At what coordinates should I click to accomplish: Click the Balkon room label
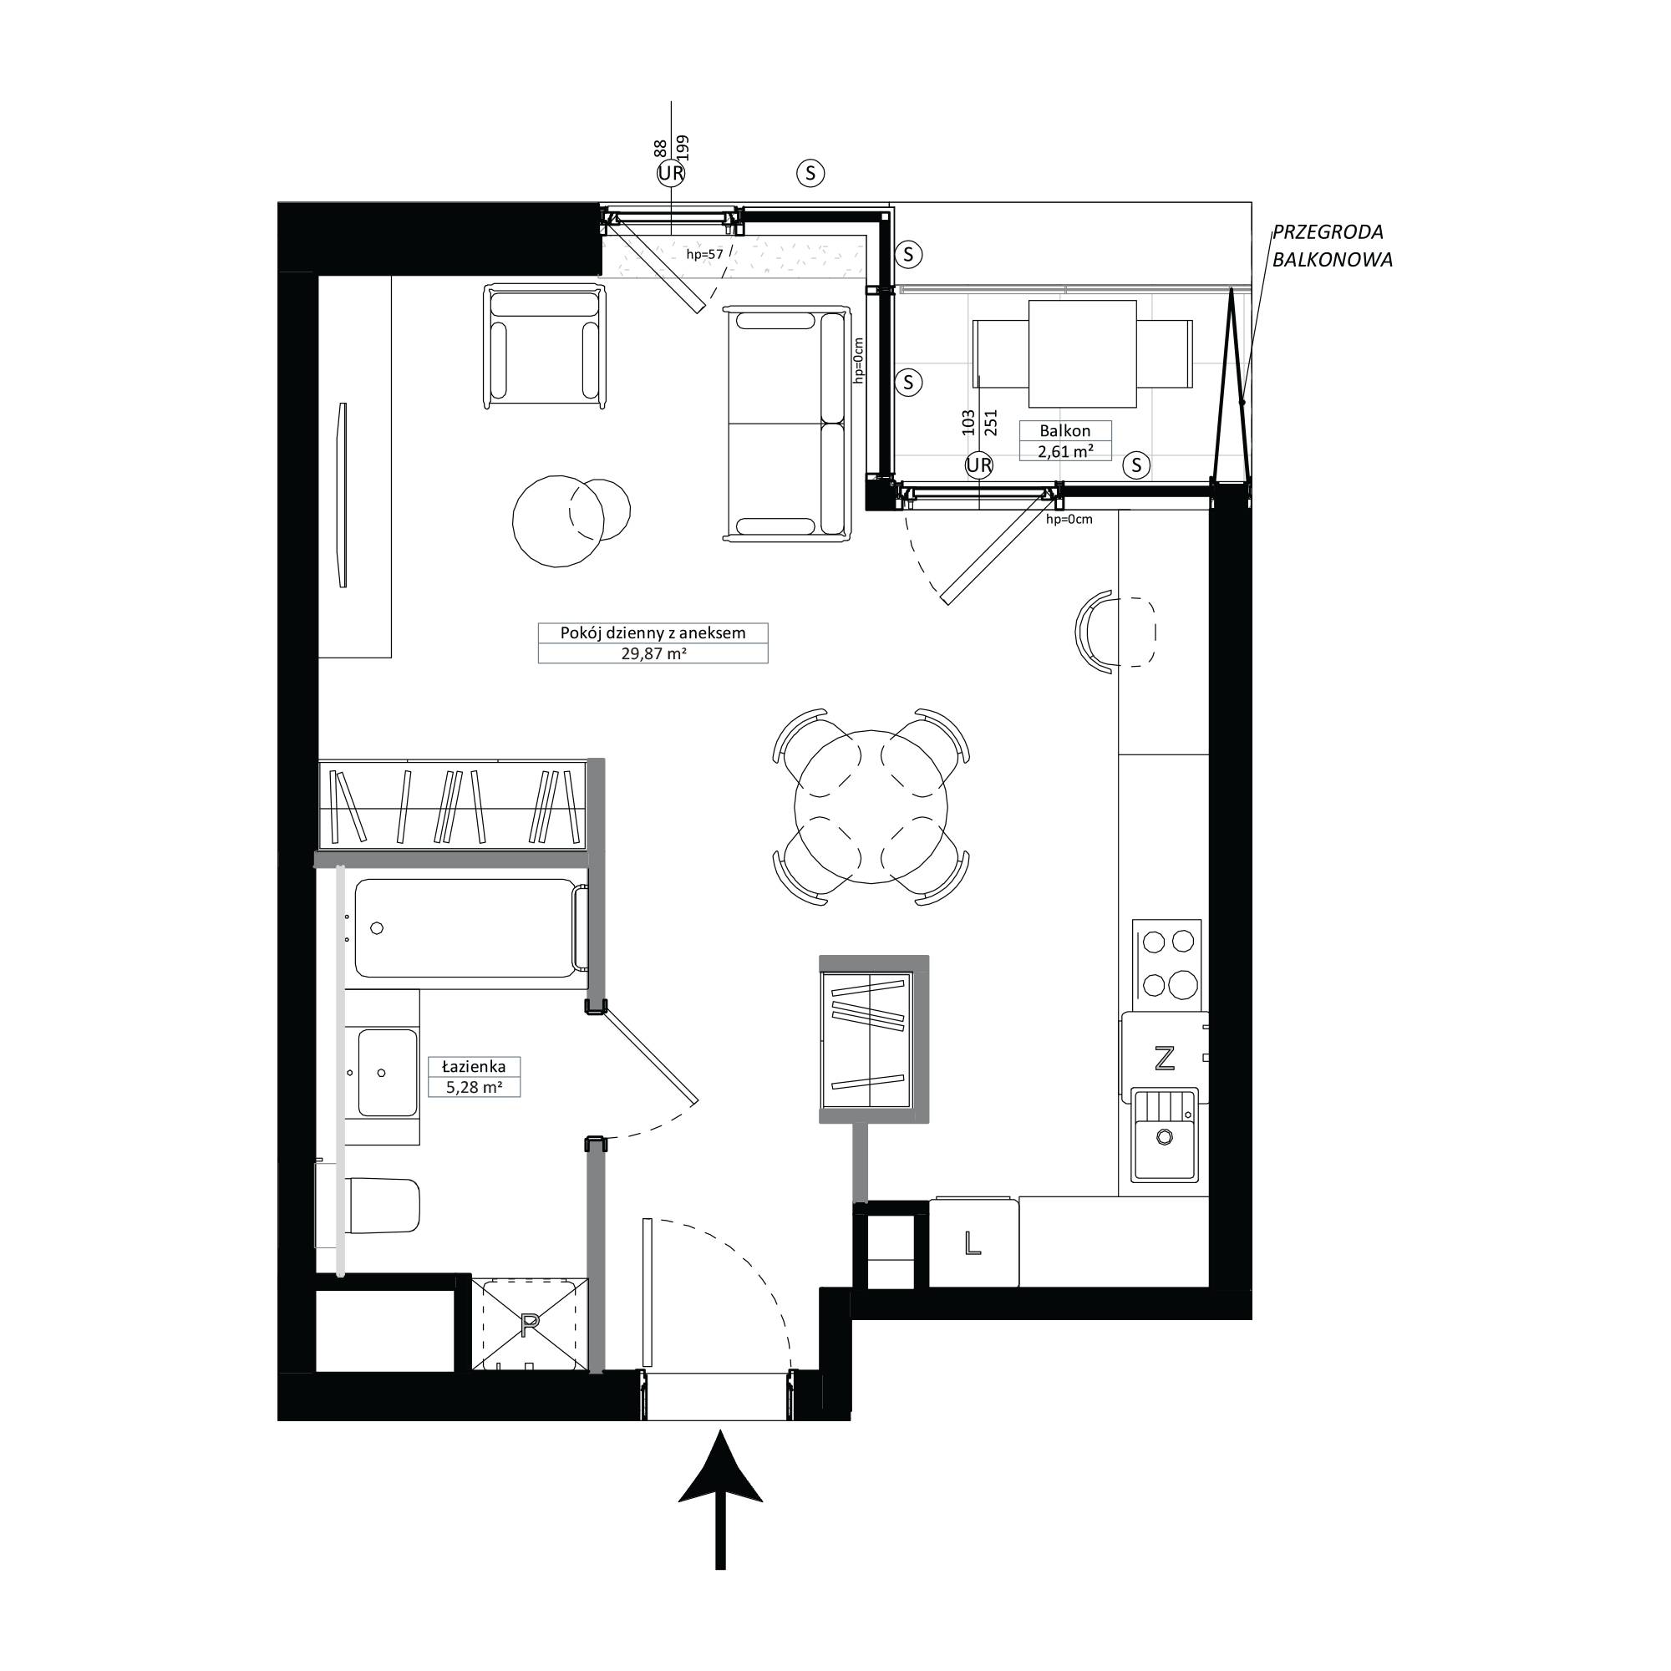point(1064,431)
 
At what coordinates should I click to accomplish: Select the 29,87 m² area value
point(653,654)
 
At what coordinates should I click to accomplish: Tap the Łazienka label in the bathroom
point(473,1066)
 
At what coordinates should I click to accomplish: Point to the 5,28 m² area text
point(474,1087)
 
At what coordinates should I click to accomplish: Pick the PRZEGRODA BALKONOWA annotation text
point(1331,246)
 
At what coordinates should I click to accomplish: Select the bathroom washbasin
point(389,1073)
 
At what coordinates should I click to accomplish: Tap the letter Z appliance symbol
point(1165,1058)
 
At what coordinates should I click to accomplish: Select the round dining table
point(871,807)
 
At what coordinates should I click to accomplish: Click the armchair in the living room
point(544,345)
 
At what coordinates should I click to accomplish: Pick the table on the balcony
point(1082,353)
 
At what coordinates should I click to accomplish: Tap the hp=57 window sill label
point(704,254)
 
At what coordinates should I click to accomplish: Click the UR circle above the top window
point(671,174)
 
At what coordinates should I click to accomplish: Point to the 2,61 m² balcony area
point(1065,450)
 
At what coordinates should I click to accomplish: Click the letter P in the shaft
point(530,1323)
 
